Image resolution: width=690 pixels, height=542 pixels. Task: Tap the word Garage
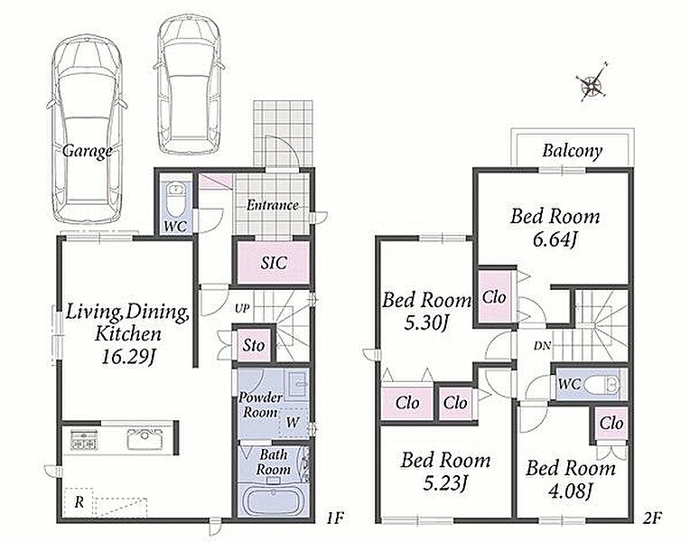[x=88, y=151]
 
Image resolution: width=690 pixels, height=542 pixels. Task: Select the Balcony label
[x=572, y=151]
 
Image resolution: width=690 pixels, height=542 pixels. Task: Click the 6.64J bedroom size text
[x=555, y=240]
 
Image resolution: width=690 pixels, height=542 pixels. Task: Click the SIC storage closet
[x=274, y=262]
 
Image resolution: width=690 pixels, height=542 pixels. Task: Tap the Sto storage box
[x=254, y=345]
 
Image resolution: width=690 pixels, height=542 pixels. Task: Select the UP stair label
[x=242, y=309]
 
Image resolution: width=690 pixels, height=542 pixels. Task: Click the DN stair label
[x=542, y=346]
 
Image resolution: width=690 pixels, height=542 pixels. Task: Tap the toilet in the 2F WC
[x=602, y=385]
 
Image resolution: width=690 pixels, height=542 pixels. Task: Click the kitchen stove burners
[x=83, y=440]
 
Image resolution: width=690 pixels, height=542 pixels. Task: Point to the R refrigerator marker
[x=79, y=502]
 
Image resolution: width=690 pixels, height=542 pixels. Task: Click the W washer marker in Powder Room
[x=292, y=423]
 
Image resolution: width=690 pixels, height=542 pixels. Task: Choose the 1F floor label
[x=334, y=518]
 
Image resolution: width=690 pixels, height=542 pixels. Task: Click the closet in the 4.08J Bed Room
[x=611, y=424]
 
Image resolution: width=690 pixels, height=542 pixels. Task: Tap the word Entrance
[x=273, y=205]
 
